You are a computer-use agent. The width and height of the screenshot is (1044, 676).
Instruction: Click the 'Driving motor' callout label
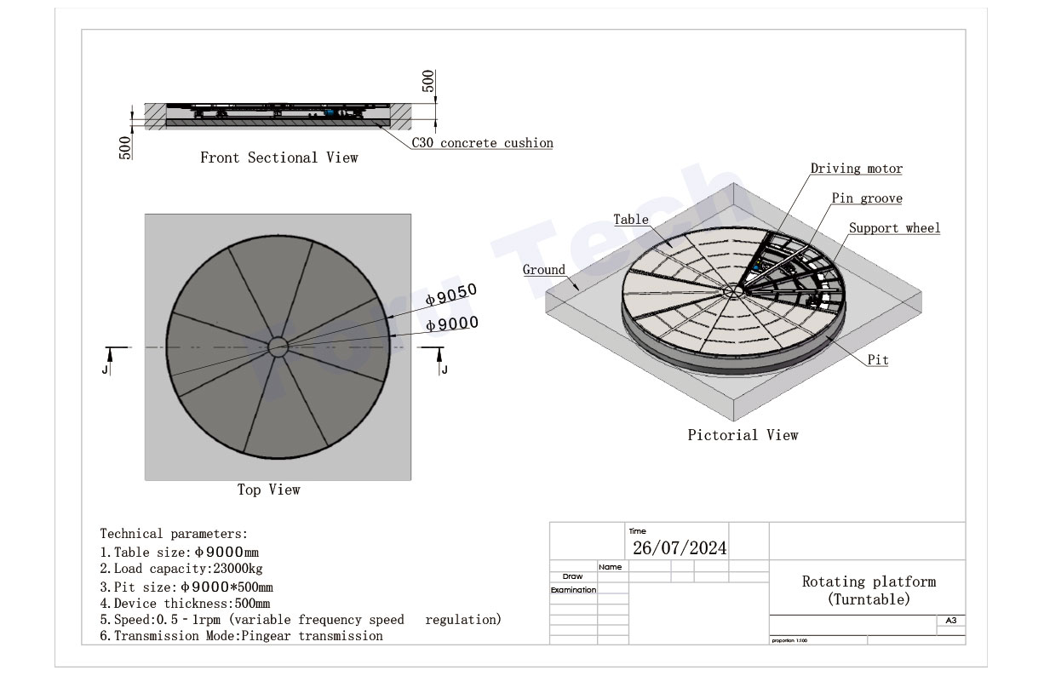856,169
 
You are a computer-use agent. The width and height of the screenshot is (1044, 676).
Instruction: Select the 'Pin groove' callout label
867,198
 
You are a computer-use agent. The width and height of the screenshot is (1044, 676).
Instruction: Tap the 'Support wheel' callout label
894,228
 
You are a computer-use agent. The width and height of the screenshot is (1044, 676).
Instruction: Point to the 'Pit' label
878,360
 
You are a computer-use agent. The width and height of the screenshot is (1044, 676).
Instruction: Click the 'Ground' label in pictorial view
543,270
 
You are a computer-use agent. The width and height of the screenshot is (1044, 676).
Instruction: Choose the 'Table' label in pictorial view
631,220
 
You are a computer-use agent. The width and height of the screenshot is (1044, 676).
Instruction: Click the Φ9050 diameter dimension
451,294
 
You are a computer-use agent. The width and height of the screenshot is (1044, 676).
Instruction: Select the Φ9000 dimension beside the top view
451,324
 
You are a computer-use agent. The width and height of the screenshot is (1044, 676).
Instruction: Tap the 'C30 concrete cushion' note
482,143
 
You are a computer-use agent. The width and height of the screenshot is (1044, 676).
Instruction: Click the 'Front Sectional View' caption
278,158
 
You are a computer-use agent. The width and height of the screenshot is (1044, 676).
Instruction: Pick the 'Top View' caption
268,490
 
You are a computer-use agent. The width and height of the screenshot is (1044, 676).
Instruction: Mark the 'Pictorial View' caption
743,435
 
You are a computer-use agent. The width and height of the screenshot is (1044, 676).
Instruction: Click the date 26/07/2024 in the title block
679,547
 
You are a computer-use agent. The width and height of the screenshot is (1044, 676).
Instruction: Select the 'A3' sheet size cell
950,621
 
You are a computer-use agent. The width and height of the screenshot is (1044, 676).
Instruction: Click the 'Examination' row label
573,589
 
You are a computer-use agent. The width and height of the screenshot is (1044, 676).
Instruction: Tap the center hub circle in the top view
278,347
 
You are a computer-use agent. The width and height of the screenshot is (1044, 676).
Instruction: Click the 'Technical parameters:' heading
174,534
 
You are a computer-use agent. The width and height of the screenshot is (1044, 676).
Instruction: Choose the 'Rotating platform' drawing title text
869,582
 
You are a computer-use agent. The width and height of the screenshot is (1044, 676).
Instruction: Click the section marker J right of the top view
444,369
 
